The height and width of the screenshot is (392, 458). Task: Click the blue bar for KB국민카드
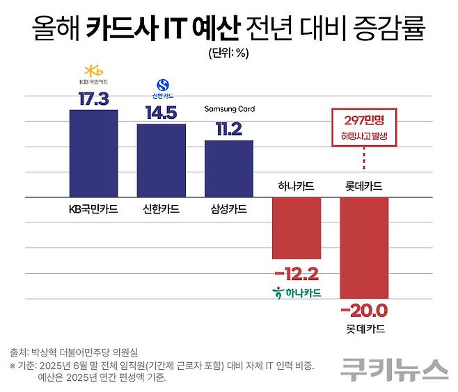click(94, 154)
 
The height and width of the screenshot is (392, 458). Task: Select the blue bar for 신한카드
click(161, 161)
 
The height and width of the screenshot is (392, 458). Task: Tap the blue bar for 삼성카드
click(228, 169)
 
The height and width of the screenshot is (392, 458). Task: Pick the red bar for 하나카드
click(296, 228)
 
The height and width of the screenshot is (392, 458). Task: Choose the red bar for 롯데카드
click(363, 247)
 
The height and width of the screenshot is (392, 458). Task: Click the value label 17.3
click(94, 99)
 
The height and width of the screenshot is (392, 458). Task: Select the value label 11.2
click(228, 129)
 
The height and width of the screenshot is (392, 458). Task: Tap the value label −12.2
click(296, 272)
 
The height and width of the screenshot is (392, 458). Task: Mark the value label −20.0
click(363, 311)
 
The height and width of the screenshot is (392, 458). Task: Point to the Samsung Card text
click(229, 109)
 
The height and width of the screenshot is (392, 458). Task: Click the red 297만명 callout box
click(363, 127)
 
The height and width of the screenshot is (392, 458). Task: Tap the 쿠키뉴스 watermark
click(394, 369)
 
